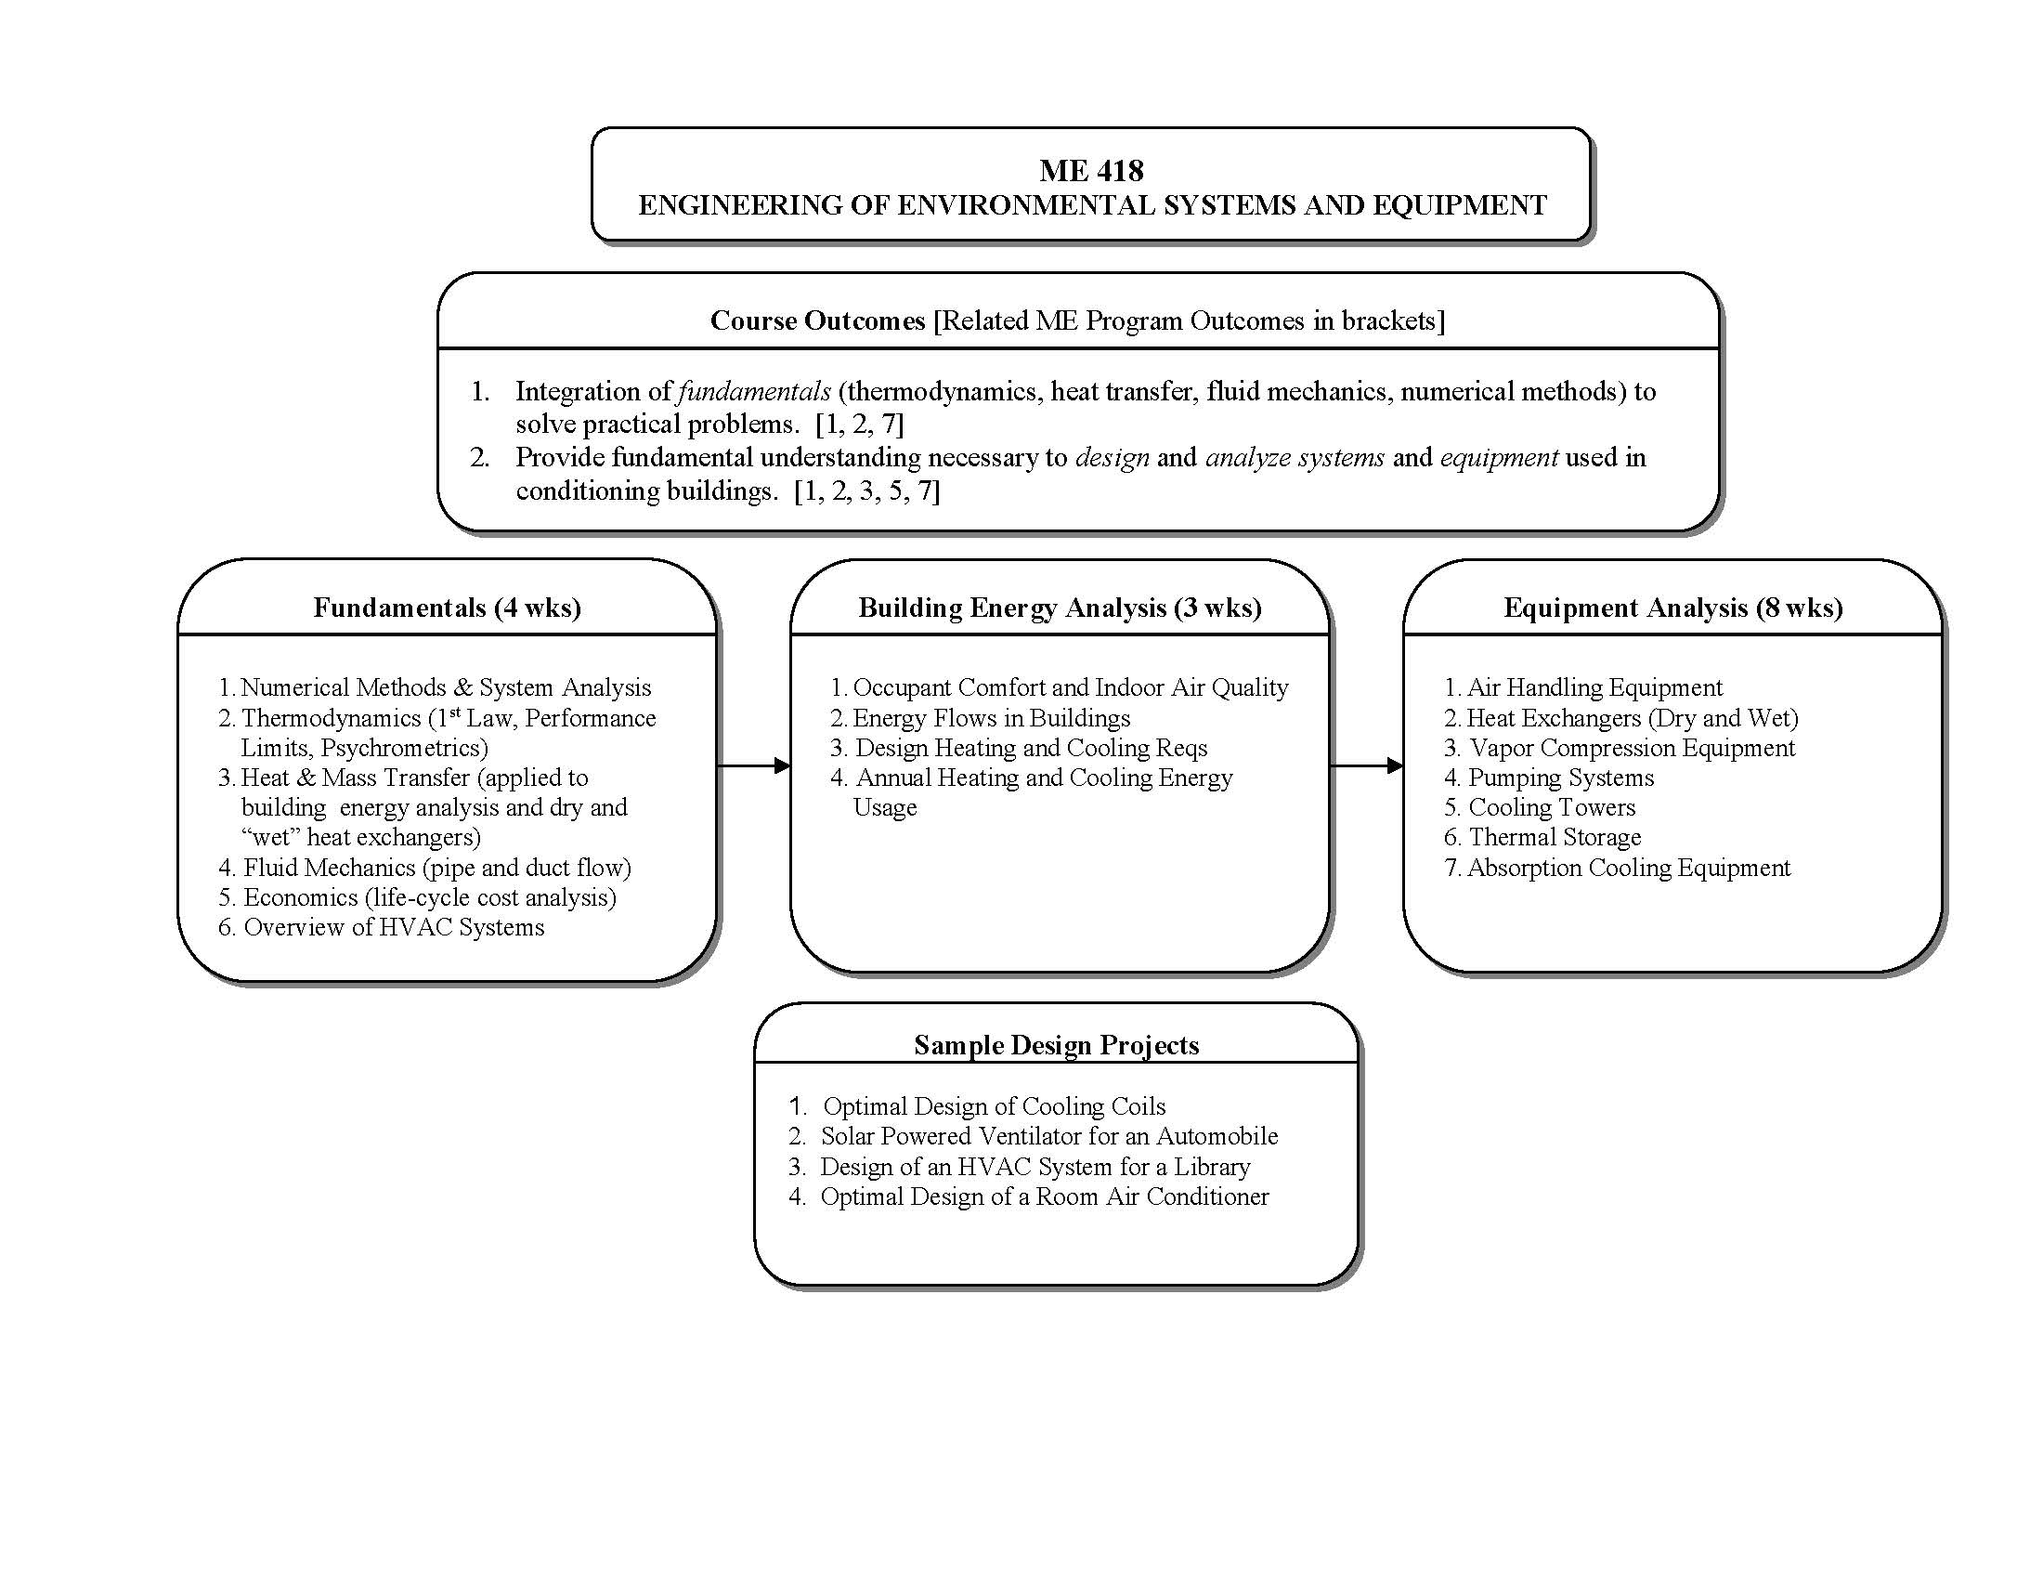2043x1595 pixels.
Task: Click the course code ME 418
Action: [1091, 170]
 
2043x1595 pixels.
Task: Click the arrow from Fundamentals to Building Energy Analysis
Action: [753, 766]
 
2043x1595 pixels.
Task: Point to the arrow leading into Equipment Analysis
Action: [1366, 766]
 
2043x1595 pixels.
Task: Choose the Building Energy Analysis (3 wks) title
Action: [1059, 608]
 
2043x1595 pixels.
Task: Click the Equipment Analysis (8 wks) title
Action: [1672, 608]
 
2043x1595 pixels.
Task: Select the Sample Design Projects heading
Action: [1056, 1045]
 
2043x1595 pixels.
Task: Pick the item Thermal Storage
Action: [1554, 837]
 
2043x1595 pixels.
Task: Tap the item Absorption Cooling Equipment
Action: [1628, 869]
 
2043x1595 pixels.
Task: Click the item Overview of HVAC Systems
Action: [393, 927]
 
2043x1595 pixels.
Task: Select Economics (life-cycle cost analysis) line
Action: [428, 897]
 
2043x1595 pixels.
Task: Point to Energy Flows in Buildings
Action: [991, 718]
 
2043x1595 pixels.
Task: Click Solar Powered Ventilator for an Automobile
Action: [1048, 1137]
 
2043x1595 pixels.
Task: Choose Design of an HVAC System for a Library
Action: [1035, 1167]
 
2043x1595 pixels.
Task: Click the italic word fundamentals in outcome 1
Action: [754, 391]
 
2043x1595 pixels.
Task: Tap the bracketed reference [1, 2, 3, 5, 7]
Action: [866, 491]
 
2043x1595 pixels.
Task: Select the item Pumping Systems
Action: [1560, 778]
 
